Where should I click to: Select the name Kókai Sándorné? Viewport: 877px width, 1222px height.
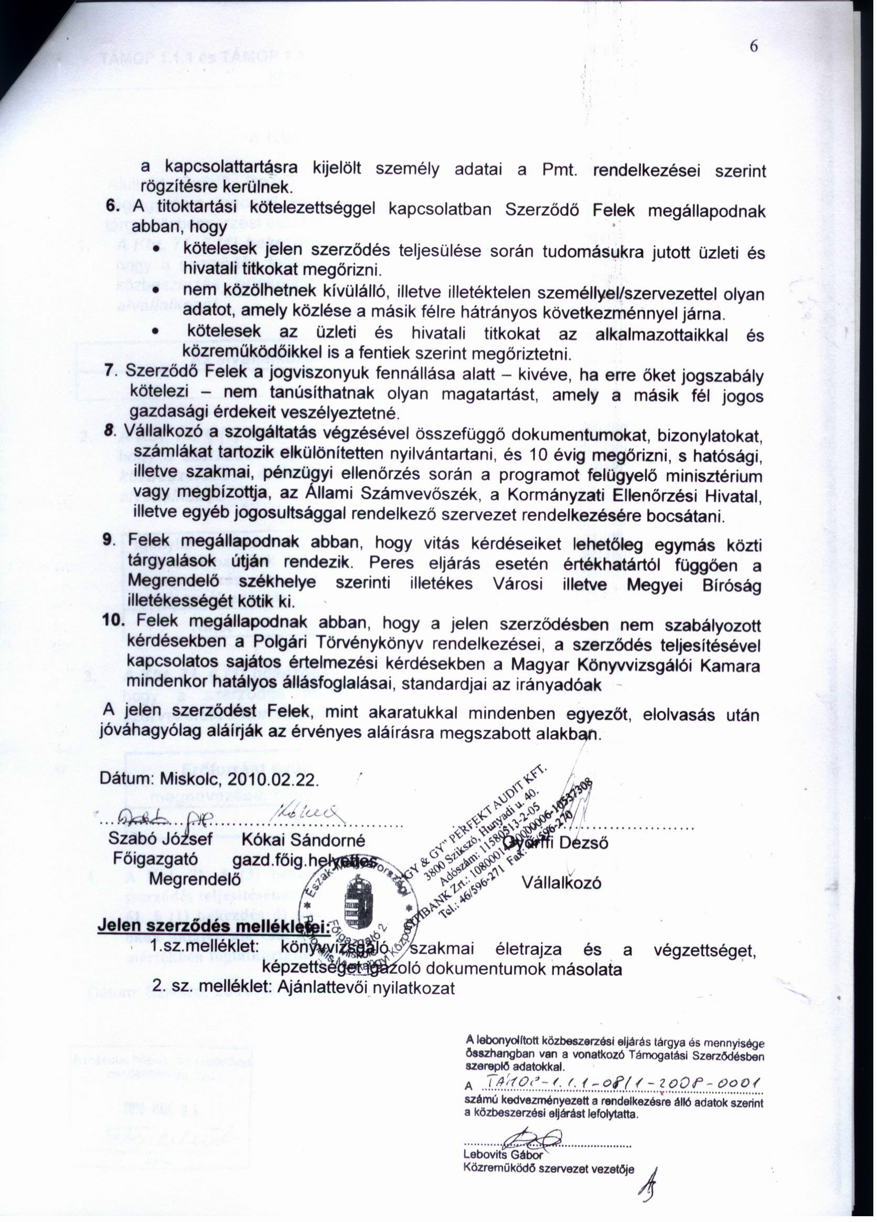click(303, 841)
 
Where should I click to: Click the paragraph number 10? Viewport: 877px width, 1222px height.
click(114, 621)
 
